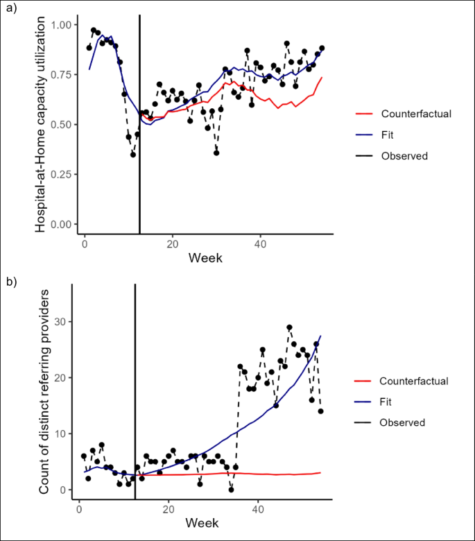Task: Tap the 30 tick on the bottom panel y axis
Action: tap(64, 322)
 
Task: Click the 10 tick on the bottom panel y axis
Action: tap(64, 433)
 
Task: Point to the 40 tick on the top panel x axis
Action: tap(260, 244)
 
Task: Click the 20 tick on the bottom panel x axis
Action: tap(168, 509)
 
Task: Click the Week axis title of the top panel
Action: tap(207, 258)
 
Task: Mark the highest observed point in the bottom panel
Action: tap(289, 327)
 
